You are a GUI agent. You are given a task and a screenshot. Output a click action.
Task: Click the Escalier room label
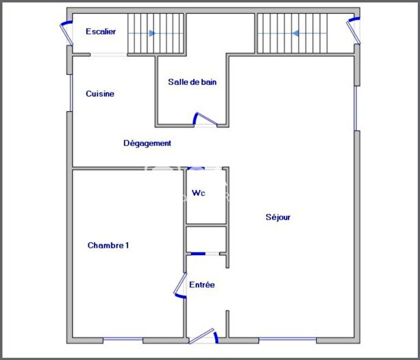point(101,32)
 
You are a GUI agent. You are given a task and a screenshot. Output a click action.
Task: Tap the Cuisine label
point(100,94)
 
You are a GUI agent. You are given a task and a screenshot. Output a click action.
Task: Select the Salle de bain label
point(193,82)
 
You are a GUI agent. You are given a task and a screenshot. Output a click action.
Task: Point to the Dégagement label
point(147,143)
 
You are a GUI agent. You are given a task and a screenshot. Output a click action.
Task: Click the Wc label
point(199,193)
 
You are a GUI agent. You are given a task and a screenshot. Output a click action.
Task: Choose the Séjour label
point(278,217)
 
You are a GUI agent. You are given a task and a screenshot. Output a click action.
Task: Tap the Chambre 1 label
point(108,245)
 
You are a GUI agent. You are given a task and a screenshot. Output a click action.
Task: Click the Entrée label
point(202,285)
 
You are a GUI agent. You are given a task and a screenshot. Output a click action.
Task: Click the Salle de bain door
point(205,119)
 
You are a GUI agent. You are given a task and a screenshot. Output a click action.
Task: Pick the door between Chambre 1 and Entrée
point(180,288)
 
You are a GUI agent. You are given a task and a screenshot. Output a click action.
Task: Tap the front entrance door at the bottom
point(204,336)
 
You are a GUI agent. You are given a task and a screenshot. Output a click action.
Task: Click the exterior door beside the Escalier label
point(66,32)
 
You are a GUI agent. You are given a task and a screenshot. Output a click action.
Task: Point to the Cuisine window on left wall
point(70,93)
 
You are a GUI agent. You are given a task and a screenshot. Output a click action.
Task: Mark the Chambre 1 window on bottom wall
point(123,339)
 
